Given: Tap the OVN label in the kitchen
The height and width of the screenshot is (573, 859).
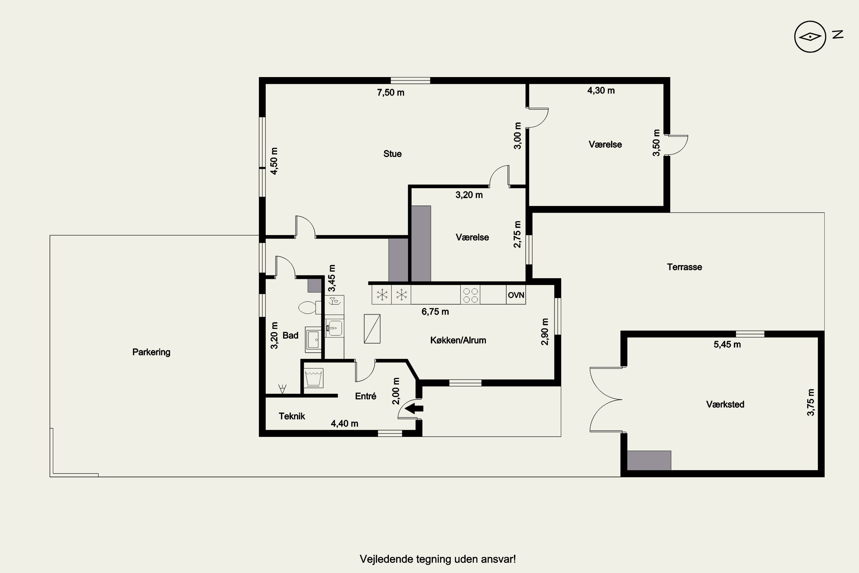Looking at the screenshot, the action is pos(516,295).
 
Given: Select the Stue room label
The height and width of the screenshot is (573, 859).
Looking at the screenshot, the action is pos(392,154).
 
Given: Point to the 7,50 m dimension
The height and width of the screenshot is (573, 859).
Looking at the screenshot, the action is pos(391,93).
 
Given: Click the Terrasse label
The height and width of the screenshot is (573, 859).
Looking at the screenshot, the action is pos(684,267).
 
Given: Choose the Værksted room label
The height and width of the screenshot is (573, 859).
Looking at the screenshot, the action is pos(725,405).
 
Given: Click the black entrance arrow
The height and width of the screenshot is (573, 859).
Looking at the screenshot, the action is pos(414,408).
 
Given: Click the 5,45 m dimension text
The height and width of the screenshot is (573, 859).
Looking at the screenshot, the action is pos(727,345).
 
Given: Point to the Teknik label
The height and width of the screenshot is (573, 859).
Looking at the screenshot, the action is pos(291,416).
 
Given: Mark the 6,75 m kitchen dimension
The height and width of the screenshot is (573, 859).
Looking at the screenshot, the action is pos(435,312).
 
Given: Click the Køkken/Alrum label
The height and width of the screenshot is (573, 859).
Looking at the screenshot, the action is pos(458,341).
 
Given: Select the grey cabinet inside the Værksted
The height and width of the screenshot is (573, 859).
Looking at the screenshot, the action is pos(649,460).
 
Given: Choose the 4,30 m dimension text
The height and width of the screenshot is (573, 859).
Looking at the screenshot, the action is pos(601,91).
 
